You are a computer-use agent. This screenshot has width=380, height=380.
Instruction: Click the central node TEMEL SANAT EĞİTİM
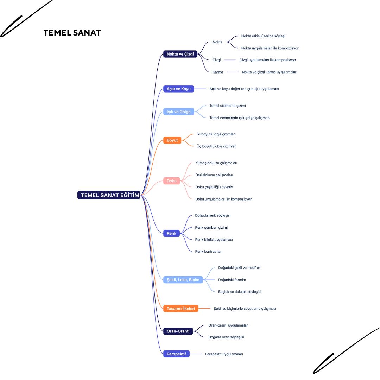tap(109, 195)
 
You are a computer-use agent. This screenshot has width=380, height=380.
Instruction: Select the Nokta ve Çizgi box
tap(180, 54)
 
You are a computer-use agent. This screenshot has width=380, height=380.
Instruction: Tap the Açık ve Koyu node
tap(178, 89)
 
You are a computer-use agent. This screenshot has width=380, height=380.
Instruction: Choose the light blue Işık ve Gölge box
tap(178, 112)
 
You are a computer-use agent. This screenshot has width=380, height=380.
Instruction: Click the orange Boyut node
tap(172, 140)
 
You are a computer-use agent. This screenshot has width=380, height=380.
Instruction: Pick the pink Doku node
tap(171, 181)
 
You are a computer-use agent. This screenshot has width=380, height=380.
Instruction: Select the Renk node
tap(171, 233)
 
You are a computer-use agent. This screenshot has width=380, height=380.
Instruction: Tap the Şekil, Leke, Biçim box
tap(183, 280)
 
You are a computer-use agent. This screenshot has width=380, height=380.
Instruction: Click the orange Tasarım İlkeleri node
tap(181, 309)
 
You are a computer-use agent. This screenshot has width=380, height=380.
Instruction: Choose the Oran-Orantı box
tap(178, 331)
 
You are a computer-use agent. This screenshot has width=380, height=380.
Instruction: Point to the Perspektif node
tap(176, 354)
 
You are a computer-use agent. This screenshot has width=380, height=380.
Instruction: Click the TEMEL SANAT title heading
tap(72, 33)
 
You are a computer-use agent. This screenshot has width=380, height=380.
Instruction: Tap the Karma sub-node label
tap(218, 72)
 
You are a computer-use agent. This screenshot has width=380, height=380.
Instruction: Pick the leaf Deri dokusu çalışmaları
tap(214, 175)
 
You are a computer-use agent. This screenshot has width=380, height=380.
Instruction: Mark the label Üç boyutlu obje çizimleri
tap(216, 146)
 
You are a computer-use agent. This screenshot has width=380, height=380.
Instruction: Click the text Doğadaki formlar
tap(232, 280)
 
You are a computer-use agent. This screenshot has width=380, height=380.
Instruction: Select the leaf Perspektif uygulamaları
tap(224, 354)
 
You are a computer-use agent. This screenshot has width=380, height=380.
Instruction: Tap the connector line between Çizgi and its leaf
tap(230, 60)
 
